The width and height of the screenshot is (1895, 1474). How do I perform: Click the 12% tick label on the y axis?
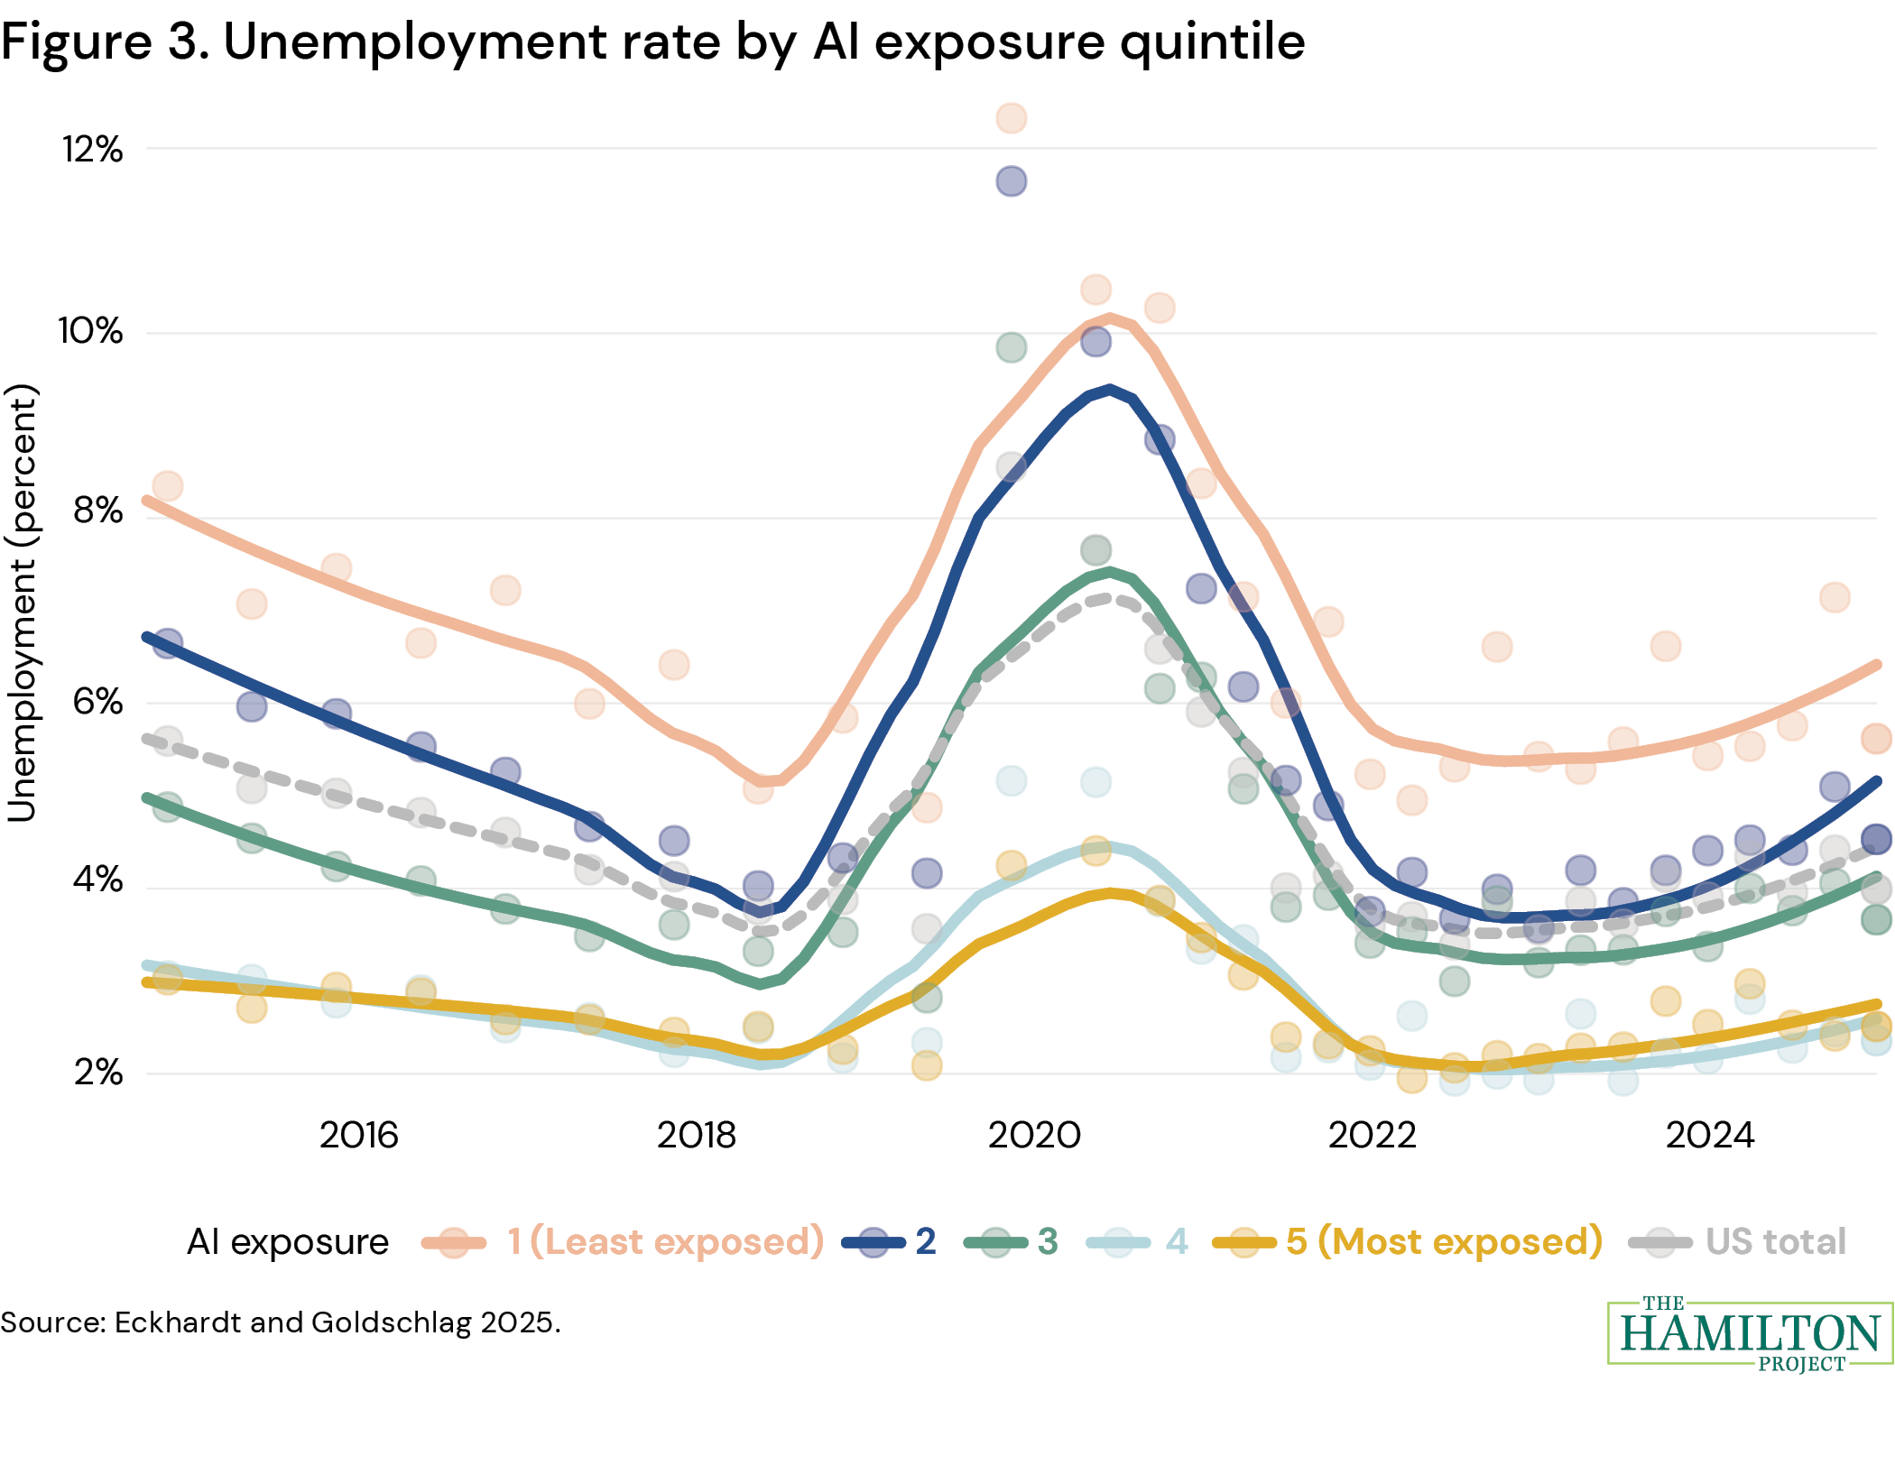92,149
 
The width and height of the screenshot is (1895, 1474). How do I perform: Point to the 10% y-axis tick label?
90,331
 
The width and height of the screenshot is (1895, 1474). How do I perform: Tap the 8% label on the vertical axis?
97,511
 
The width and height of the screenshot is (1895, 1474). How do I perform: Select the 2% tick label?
97,1073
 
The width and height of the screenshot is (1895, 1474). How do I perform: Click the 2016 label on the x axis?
358,1135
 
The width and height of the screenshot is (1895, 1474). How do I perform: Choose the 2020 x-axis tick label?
1034,1135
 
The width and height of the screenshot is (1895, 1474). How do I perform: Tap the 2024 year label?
1709,1135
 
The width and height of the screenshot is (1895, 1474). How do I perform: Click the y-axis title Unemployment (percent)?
22,603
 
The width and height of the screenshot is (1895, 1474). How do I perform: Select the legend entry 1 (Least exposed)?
665,1242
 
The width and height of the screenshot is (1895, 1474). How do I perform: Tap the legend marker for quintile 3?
996,1243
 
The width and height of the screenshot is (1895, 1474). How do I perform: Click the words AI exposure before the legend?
287,1242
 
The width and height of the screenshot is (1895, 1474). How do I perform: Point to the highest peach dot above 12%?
1011,118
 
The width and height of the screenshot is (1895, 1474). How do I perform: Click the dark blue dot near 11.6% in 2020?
1011,181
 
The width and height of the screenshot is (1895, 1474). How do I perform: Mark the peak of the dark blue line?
1109,390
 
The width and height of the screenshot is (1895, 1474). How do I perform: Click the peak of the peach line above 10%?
1109,317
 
